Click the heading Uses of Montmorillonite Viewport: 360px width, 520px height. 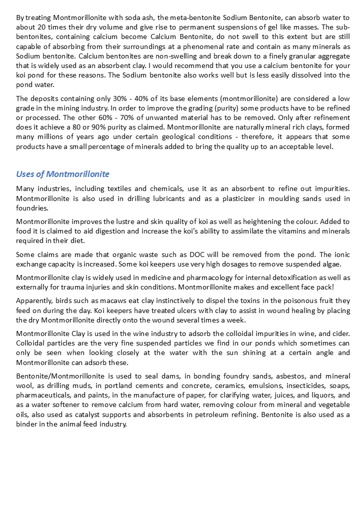click(x=62, y=174)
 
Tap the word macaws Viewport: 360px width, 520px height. click(x=106, y=300)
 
